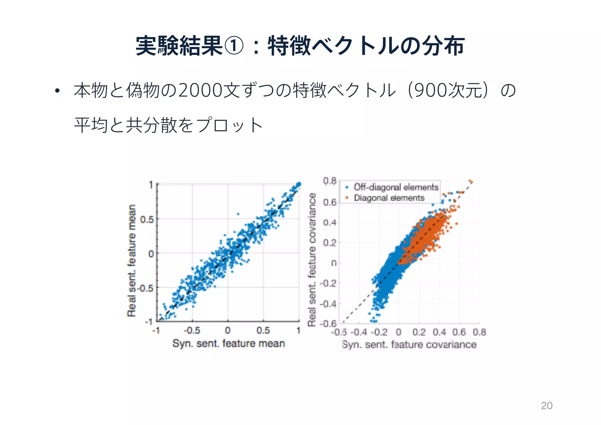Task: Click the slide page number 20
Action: click(546, 405)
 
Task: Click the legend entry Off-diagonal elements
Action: click(396, 187)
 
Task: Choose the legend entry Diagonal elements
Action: click(389, 198)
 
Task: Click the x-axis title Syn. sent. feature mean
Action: click(229, 343)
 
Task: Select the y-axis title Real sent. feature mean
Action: click(132, 260)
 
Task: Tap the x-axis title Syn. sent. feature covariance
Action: click(409, 344)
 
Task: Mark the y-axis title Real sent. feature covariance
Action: click(312, 259)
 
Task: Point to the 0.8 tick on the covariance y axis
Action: click(330, 181)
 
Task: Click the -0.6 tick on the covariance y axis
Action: click(328, 323)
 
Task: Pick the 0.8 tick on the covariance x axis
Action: click(479, 332)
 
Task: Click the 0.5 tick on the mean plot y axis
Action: click(147, 219)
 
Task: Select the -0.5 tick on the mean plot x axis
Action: click(192, 330)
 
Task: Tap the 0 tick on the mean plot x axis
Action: click(228, 330)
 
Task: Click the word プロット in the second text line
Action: click(229, 125)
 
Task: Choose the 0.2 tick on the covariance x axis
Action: click(419, 332)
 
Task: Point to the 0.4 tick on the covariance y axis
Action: click(330, 222)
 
